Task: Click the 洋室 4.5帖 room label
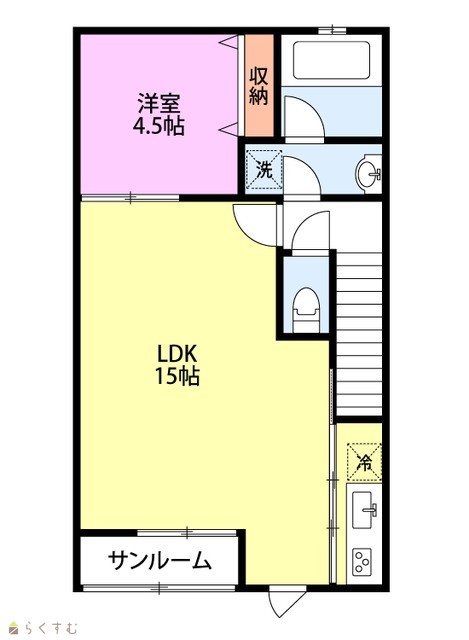tap(158, 114)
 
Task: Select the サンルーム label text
tap(160, 560)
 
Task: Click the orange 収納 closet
tap(259, 85)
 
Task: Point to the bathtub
tap(331, 60)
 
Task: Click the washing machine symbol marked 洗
tap(264, 170)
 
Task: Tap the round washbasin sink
tap(368, 173)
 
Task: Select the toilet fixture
tap(306, 310)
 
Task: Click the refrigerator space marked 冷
tap(364, 462)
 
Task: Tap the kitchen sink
tap(364, 510)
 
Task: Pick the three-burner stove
tap(362, 562)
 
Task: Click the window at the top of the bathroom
tap(332, 30)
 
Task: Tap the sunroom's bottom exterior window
tap(159, 588)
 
